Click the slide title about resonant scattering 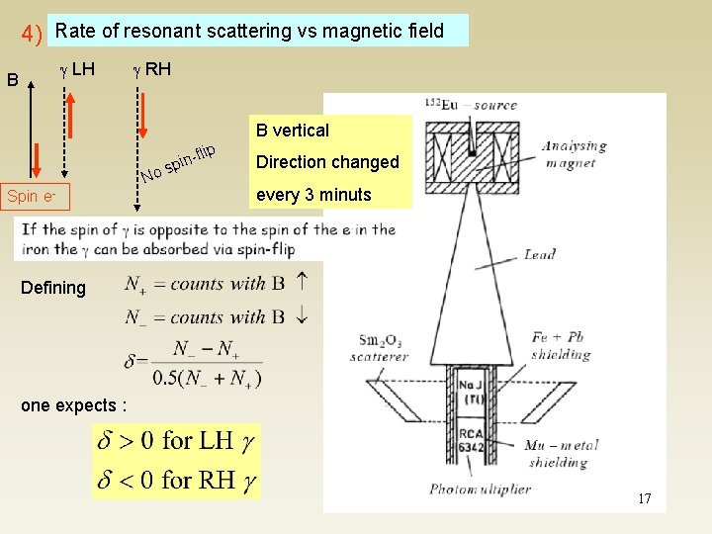[x=249, y=31]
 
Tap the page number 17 [x=644, y=498]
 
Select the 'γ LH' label [x=77, y=68]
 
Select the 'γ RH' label [x=151, y=68]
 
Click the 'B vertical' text [x=292, y=131]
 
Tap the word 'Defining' [x=53, y=288]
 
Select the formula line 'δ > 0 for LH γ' [x=176, y=441]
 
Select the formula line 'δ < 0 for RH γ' [x=176, y=480]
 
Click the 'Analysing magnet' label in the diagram [x=574, y=154]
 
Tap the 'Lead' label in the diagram [x=540, y=255]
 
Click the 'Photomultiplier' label [x=480, y=489]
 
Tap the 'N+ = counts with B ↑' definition [x=216, y=285]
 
